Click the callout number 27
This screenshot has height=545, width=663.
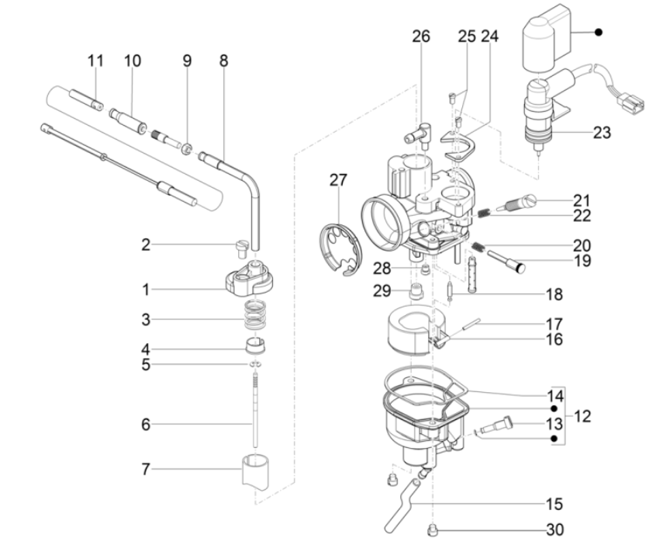[337, 180]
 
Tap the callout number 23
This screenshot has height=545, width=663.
[601, 133]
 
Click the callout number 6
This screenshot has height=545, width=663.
[146, 425]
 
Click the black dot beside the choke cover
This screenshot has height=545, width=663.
[599, 32]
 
